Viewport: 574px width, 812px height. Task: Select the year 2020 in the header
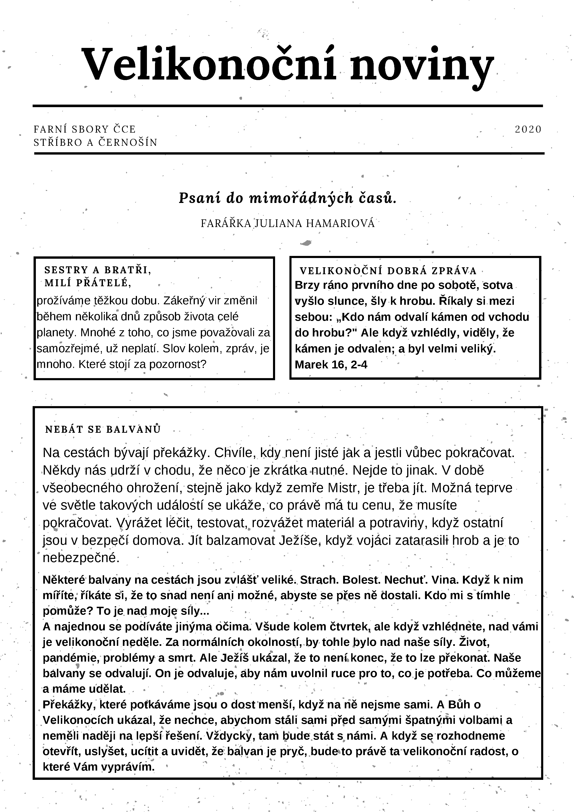pyautogui.click(x=528, y=129)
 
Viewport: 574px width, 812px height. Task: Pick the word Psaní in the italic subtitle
pyautogui.click(x=200, y=198)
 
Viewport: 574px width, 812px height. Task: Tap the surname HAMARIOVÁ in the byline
pyautogui.click(x=340, y=224)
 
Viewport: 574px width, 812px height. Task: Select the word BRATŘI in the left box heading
pyautogui.click(x=128, y=270)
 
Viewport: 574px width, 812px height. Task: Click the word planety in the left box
pyautogui.click(x=57, y=333)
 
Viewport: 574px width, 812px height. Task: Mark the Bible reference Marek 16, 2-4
pyautogui.click(x=331, y=365)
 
